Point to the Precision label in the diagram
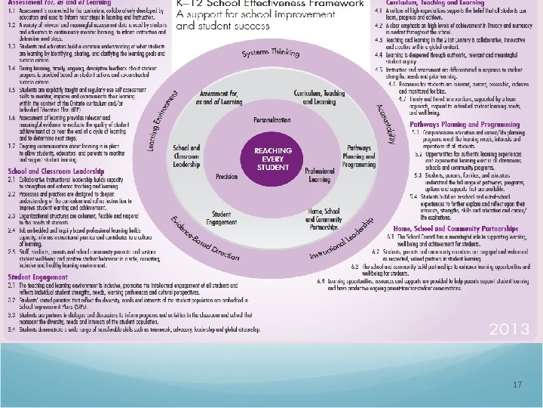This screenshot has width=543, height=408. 226,176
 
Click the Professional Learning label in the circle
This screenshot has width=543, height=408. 319,175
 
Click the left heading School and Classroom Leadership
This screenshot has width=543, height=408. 56,172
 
